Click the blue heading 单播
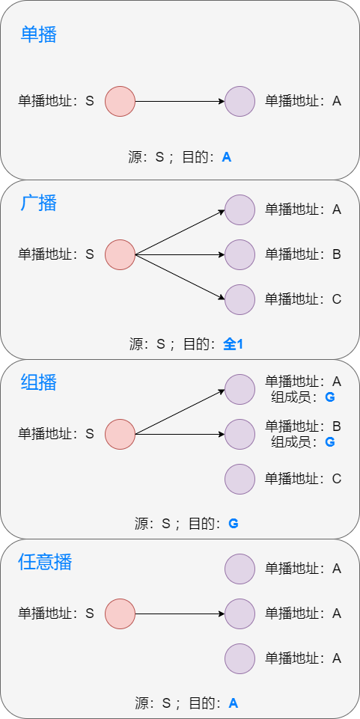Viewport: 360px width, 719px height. pos(39,34)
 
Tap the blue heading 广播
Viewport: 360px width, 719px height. pos(39,203)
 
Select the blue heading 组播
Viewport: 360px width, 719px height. pos(39,382)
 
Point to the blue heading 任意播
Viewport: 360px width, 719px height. pos(45,562)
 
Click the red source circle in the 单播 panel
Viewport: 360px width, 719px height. pos(120,101)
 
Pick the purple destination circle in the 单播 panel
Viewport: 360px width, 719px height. pos(240,101)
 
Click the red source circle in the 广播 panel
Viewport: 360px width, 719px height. pos(120,254)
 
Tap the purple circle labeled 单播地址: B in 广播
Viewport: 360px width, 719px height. pos(240,254)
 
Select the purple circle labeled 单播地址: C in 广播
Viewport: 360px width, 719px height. pos(240,299)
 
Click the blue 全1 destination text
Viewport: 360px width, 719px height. pos(234,344)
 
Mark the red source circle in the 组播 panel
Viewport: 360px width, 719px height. pos(120,434)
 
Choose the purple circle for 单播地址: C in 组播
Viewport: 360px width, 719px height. pos(240,479)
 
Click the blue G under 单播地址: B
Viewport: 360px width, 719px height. pos(329,442)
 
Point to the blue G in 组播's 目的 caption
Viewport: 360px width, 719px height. pos(233,524)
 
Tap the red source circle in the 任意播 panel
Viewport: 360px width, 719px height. pos(120,614)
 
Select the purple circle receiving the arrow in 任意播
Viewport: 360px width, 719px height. pos(240,614)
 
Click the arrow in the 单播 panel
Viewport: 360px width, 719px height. pos(180,101)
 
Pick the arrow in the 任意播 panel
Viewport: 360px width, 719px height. pos(180,614)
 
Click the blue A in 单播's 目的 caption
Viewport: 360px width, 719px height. pos(227,157)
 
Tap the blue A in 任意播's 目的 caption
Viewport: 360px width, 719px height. pos(233,703)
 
